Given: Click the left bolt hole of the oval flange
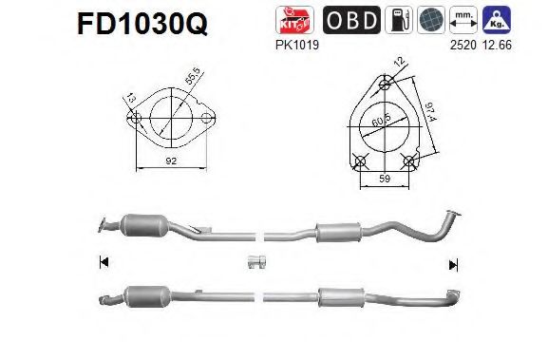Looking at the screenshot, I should point(135,120).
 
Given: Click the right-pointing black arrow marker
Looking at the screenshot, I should point(453,263).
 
